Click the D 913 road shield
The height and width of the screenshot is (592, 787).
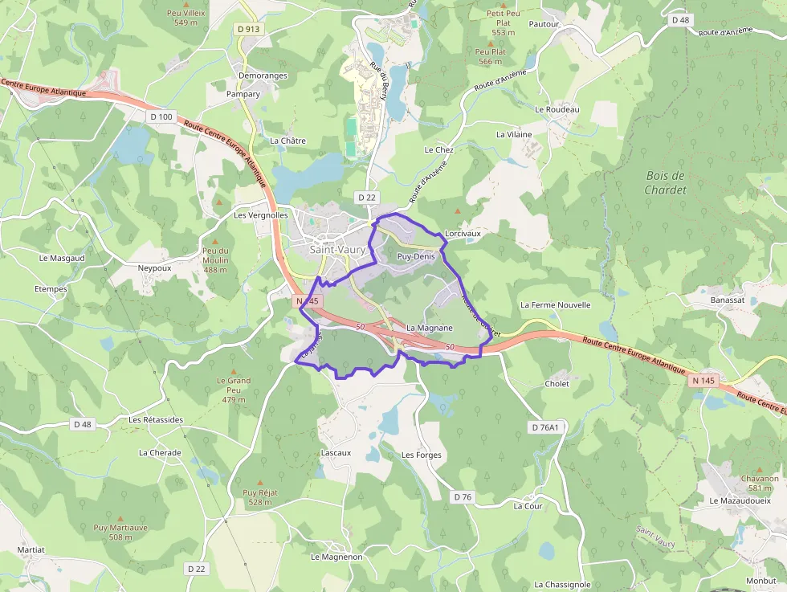coord(249,28)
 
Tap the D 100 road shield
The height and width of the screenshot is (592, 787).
coord(161,116)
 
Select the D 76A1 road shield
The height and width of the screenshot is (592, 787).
coord(544,427)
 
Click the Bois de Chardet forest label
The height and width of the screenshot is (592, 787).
coord(666,182)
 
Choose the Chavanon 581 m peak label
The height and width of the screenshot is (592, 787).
coord(759,483)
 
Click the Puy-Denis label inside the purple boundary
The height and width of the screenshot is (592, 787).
coord(415,257)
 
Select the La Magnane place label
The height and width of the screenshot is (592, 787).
coord(430,328)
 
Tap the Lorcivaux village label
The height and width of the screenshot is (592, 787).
coord(463,234)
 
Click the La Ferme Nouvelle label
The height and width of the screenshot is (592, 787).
coord(555,305)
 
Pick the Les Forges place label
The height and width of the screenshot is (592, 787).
coord(422,455)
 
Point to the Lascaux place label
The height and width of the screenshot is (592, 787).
coord(336,453)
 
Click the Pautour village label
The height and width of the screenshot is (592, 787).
coord(544,25)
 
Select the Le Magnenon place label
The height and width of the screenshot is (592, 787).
coord(336,557)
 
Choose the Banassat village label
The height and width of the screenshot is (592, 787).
coord(728,300)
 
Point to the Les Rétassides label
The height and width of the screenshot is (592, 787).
coord(156,419)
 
